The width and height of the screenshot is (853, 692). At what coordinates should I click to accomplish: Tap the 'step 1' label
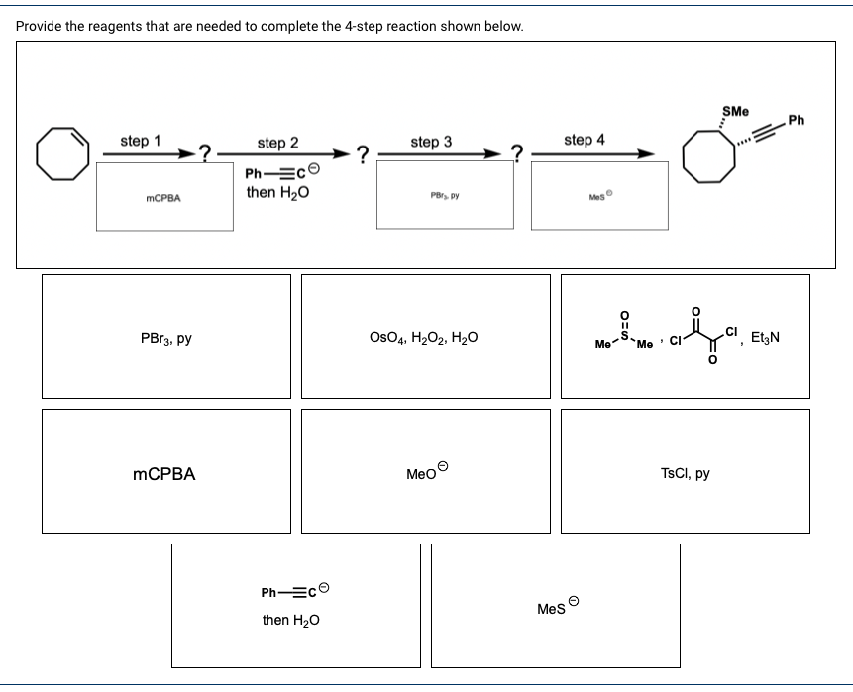tap(141, 141)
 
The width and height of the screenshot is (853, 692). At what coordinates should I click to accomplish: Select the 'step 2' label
tap(277, 144)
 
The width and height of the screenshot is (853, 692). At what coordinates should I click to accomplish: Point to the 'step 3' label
tap(431, 142)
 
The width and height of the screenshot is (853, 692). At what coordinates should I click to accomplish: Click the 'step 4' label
tap(585, 141)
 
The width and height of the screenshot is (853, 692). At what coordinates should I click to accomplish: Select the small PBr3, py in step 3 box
tap(442, 196)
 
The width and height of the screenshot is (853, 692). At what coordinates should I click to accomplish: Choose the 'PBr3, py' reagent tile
tap(166, 338)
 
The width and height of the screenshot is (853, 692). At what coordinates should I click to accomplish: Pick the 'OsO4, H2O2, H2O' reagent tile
tap(425, 338)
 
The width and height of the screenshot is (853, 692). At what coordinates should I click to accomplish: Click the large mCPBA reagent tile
tap(164, 474)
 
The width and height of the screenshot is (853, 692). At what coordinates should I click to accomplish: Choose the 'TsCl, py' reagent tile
tap(685, 473)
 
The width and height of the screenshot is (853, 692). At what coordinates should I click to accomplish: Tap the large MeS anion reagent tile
tap(556, 606)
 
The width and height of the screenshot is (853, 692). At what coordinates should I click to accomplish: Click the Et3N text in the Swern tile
tap(765, 338)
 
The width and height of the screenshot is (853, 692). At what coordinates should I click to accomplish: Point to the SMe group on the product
tap(735, 111)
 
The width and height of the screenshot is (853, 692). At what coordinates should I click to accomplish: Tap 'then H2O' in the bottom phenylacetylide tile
tap(289, 620)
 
